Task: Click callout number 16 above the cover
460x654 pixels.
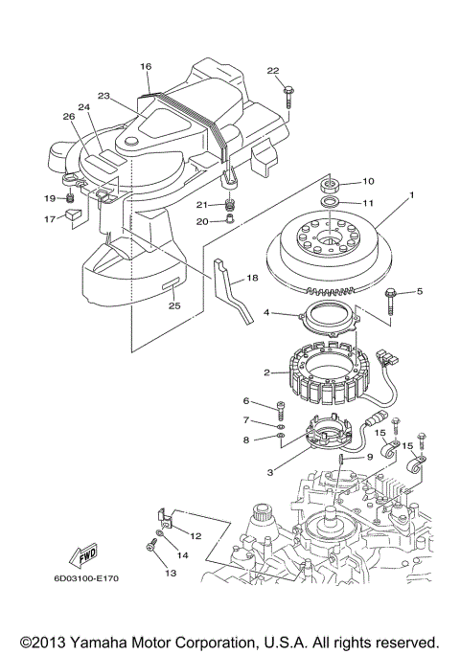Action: tap(146, 67)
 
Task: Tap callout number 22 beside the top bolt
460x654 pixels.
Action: tap(273, 72)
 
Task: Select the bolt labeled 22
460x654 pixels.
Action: tap(289, 96)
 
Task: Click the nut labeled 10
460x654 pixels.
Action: tap(328, 183)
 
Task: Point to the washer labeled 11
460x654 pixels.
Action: tap(328, 203)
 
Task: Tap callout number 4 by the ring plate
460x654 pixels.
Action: tap(270, 312)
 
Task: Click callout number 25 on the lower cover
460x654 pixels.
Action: tap(173, 306)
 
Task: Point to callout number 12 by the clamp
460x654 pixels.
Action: tap(195, 535)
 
